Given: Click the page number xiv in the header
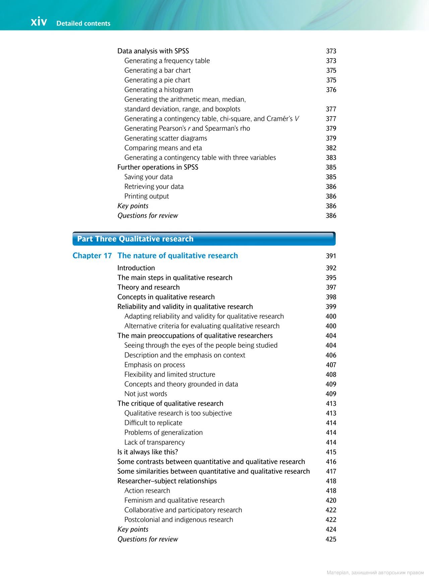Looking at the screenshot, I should (39, 22).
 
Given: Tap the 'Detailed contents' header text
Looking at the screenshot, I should (83, 23).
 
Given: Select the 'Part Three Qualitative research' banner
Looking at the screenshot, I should (204, 239).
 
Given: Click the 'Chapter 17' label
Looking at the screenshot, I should (92, 256).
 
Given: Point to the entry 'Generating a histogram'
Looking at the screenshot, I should (159, 90).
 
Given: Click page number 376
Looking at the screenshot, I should (331, 90).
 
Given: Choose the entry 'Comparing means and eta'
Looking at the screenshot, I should (163, 148).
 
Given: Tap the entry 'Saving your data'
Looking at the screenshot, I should (148, 177).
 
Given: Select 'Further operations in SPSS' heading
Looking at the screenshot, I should (158, 167).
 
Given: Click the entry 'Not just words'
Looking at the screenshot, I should (145, 394).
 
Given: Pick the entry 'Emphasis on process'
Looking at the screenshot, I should (155, 365).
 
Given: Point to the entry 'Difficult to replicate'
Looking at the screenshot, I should (153, 423).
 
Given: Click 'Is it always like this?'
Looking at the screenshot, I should (147, 452).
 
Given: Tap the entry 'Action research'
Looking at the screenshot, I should (147, 491).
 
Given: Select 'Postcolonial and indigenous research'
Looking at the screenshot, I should (179, 520).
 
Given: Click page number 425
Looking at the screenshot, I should (331, 539).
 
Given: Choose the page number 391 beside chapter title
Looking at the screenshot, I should (331, 256).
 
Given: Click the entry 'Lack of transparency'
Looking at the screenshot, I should (155, 442).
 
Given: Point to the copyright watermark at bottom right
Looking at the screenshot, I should (375, 573).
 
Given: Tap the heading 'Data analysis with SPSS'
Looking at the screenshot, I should (153, 51).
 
